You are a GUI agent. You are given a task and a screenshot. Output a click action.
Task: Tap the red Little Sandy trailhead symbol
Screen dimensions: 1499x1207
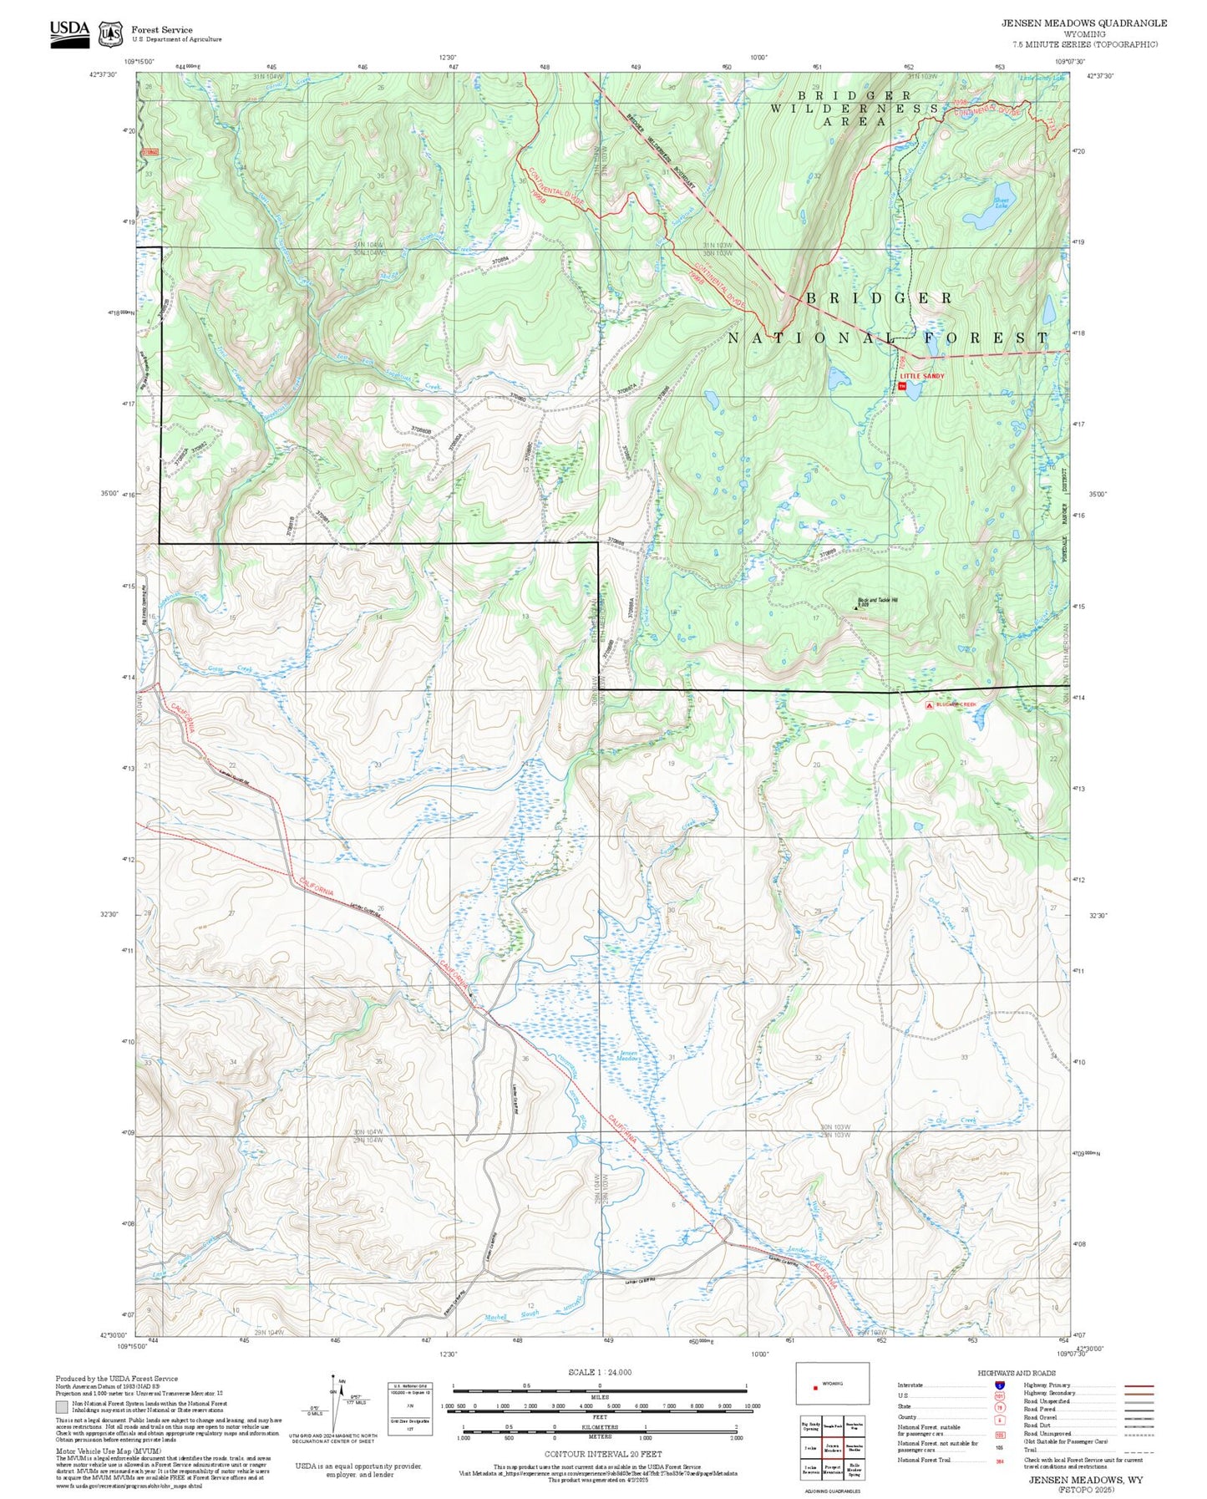click(x=902, y=386)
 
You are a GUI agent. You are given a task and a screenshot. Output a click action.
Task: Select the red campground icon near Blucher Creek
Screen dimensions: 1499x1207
click(x=930, y=705)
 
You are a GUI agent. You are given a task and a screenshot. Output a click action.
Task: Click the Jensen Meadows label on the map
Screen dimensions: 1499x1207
click(x=628, y=1057)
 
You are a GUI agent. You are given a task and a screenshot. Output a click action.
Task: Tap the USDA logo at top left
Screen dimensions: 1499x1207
click(x=69, y=33)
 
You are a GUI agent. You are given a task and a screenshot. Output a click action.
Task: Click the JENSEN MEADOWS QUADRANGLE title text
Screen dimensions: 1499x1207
click(x=1084, y=23)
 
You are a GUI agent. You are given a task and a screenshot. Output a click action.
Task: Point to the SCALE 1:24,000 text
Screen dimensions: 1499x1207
click(x=599, y=1372)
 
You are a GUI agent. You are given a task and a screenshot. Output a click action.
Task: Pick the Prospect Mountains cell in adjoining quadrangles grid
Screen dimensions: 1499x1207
click(x=833, y=1470)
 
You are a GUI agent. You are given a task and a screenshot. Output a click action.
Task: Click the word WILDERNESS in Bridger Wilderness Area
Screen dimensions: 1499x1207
click(x=854, y=109)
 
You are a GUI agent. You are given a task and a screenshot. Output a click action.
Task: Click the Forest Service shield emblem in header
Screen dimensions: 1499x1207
click(x=110, y=34)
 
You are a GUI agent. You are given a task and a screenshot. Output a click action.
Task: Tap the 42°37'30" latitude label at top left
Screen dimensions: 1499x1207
click(x=103, y=75)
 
